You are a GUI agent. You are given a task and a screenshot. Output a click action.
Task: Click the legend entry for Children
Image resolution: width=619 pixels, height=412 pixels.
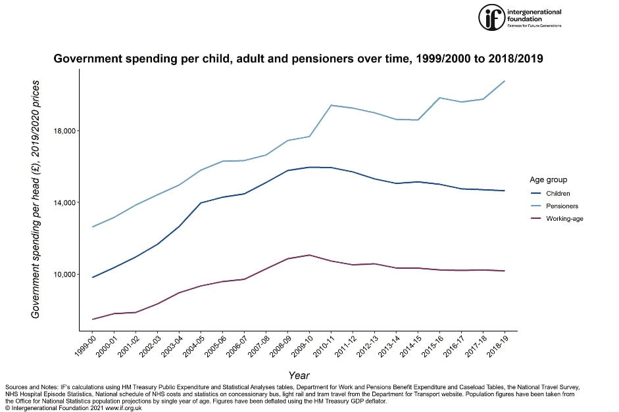pos(558,193)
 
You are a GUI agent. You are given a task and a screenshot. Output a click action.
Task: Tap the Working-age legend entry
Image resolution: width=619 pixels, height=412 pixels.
pos(564,218)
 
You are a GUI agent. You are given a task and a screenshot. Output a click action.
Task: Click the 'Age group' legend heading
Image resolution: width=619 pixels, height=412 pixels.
pos(548,179)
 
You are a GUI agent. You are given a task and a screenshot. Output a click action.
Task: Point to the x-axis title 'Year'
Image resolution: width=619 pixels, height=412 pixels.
pos(299,375)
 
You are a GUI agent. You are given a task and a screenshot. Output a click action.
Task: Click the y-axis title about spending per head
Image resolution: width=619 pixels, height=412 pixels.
pos(36,200)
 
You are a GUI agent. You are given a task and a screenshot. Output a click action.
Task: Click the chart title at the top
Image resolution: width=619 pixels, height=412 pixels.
pos(298,58)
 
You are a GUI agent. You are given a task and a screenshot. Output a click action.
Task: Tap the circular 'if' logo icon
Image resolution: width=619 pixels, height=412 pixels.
pos(489,16)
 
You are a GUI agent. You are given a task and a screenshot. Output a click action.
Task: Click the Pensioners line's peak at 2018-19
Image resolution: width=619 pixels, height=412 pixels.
pos(505,81)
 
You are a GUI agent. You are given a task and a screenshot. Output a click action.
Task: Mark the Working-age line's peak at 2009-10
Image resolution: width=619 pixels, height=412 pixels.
pos(310,254)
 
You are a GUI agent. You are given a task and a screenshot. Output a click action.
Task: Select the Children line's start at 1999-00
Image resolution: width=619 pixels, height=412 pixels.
pos(93,277)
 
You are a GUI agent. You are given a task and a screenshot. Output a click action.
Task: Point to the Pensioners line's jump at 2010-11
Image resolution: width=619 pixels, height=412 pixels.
pos(332,105)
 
